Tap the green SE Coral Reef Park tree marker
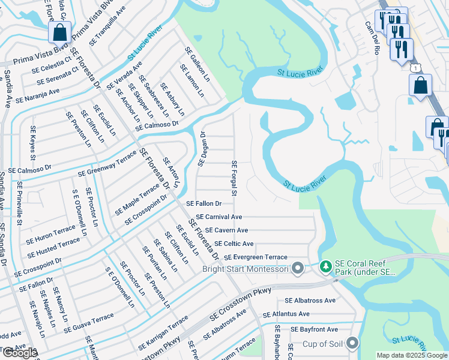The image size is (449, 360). coord(326,266)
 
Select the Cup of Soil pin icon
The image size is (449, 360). coord(352,344)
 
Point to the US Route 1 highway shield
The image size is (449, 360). coord(415,68)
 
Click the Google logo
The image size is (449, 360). coord(20,353)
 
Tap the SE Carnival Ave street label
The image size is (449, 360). coord(218,217)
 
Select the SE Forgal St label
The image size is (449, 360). coord(234,178)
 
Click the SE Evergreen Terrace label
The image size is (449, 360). coord(256,257)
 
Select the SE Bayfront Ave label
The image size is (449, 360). coord(315,329)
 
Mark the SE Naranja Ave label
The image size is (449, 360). coord(37,95)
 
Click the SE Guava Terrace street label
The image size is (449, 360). coord(89,324)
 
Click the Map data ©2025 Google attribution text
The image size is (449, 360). coord(412,355)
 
